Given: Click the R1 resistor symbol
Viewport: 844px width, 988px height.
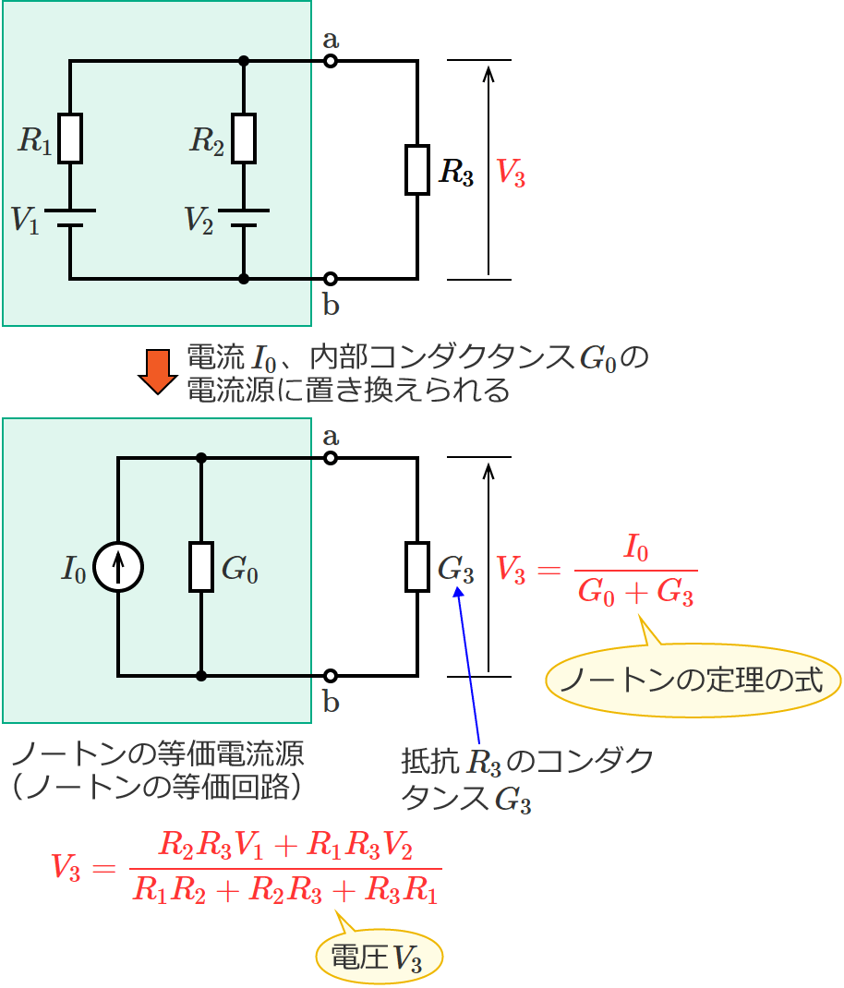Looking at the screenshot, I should pyautogui.click(x=70, y=139).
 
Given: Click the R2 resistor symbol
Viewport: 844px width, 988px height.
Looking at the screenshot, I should pyautogui.click(x=244, y=139).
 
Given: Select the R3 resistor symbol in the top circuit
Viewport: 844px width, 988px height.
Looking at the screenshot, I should pyautogui.click(x=417, y=170).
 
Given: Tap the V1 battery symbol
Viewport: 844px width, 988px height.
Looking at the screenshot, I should pyautogui.click(x=70, y=218).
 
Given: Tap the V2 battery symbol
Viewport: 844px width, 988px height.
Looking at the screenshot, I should pyautogui.click(x=244, y=218).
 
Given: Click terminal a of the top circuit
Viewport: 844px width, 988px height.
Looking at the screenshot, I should pyautogui.click(x=331, y=62).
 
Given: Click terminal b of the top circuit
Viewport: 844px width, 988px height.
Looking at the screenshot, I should pyautogui.click(x=331, y=278).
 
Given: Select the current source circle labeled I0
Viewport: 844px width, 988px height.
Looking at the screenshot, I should pyautogui.click(x=119, y=567).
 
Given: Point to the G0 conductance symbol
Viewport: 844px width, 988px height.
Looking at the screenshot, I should pyautogui.click(x=201, y=567).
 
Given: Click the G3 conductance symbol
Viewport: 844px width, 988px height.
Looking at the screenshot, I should pyautogui.click(x=417, y=567).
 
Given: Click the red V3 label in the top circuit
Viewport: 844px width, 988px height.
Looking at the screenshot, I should pyautogui.click(x=511, y=173).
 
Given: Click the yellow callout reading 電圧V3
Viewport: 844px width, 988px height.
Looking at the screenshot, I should pyautogui.click(x=380, y=958).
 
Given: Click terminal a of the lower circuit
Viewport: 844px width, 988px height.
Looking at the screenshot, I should pyautogui.click(x=331, y=458).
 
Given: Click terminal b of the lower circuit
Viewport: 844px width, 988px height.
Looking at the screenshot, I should pyautogui.click(x=331, y=676).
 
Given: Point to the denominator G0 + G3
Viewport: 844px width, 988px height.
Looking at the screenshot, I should pyautogui.click(x=636, y=592).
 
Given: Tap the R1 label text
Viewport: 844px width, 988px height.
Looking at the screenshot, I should pyautogui.click(x=35, y=140).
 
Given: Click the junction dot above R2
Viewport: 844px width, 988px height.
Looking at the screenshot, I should pyautogui.click(x=244, y=62).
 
